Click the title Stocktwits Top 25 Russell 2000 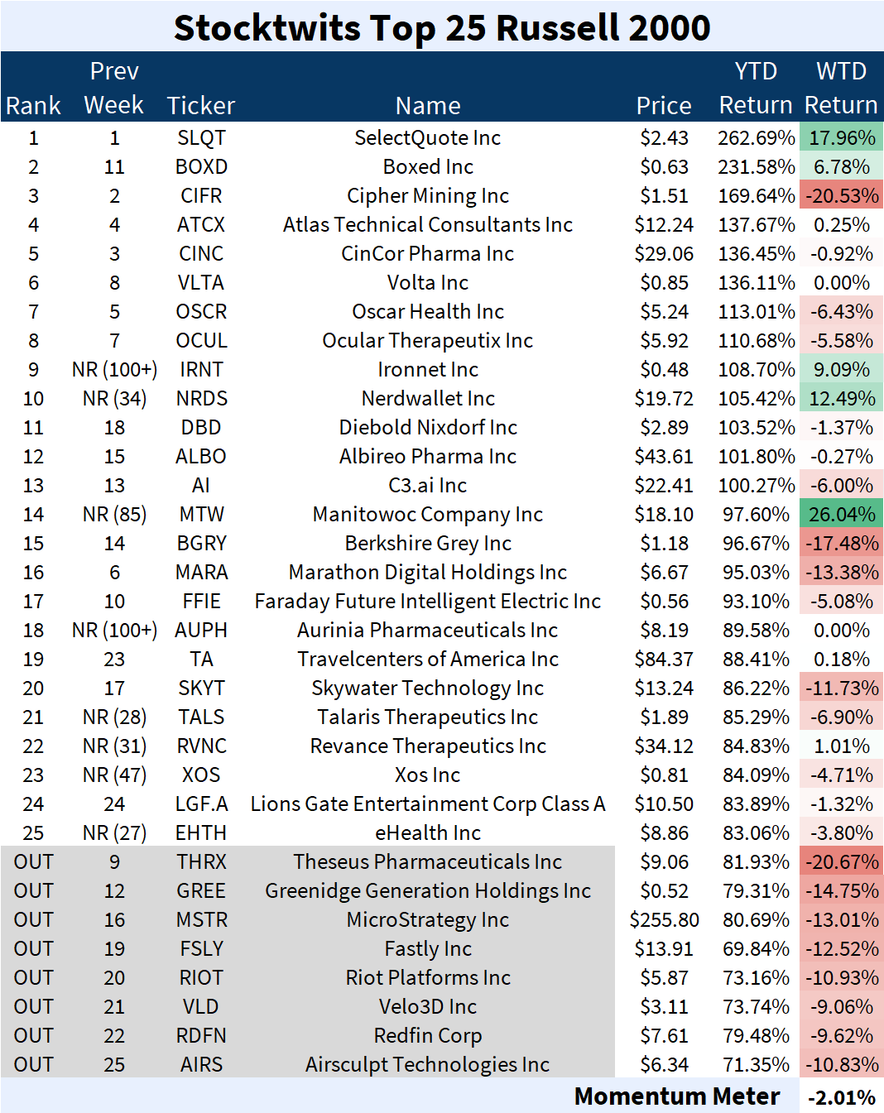[442, 27]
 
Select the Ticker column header [201, 106]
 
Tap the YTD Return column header [756, 89]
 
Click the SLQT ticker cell [201, 138]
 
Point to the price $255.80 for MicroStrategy [664, 920]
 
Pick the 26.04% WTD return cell [841, 515]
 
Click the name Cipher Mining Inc [428, 196]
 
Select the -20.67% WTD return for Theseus [841, 862]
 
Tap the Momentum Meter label [676, 1096]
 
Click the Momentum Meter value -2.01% [841, 1097]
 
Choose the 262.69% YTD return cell [756, 138]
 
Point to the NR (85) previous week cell [114, 515]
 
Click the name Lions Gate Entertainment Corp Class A [428, 804]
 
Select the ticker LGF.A [201, 804]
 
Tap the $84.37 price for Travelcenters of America [664, 660]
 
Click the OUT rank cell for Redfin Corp [33, 1036]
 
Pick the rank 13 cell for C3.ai [33, 486]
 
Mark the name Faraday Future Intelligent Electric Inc [428, 602]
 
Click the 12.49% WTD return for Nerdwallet [841, 399]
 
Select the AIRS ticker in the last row [201, 1065]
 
